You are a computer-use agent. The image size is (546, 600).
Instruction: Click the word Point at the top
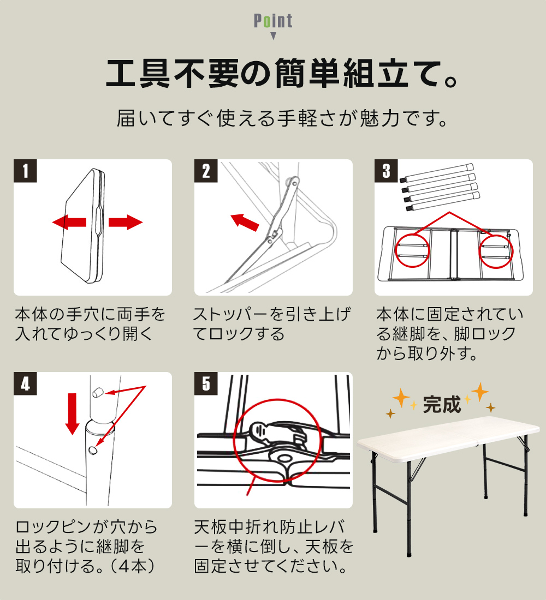(273, 21)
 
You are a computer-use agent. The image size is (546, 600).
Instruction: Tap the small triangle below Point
(273, 36)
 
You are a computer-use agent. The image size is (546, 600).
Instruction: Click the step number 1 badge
(25, 171)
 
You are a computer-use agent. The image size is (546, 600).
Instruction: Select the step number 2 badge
(206, 171)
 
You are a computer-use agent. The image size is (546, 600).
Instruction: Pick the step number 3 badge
(386, 171)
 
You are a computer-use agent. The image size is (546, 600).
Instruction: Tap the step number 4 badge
(25, 383)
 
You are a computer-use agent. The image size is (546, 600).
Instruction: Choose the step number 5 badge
(206, 383)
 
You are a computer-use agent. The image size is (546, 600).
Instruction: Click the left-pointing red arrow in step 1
(69, 223)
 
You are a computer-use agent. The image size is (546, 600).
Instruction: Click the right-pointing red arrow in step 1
(126, 223)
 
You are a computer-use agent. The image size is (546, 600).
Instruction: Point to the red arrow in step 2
(245, 222)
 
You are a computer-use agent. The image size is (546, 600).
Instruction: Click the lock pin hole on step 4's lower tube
(92, 449)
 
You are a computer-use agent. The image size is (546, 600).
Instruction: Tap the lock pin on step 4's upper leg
(98, 392)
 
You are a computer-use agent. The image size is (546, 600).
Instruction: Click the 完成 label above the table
(442, 405)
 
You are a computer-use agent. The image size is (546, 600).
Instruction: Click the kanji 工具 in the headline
(138, 73)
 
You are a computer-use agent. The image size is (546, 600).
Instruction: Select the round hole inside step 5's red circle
(283, 458)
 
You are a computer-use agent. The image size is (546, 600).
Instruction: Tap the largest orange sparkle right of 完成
(480, 392)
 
